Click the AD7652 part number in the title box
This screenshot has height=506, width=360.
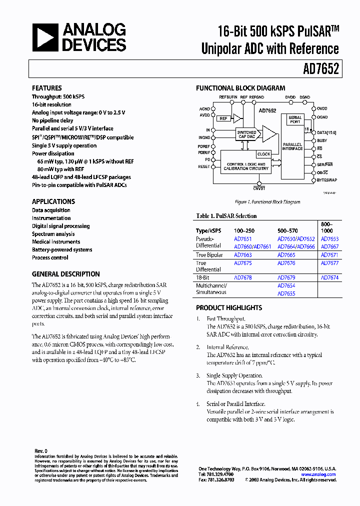(x=320, y=68)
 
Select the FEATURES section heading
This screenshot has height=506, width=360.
(x=47, y=88)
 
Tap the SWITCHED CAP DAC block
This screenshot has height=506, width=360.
(x=246, y=134)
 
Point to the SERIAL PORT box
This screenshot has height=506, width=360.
(x=295, y=119)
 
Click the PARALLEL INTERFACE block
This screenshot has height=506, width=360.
(x=292, y=146)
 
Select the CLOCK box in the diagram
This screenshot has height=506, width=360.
(x=263, y=154)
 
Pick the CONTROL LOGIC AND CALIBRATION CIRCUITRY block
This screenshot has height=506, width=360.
(x=246, y=166)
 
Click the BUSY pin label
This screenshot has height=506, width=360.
(x=322, y=140)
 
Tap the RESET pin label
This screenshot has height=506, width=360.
(x=204, y=166)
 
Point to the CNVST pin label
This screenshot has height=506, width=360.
(x=259, y=188)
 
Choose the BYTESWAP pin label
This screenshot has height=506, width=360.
(x=327, y=179)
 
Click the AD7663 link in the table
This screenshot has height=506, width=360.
(x=243, y=255)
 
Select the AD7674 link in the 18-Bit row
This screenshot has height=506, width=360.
(x=329, y=277)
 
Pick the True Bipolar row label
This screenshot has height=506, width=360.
(x=209, y=255)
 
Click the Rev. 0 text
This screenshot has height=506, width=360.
(x=40, y=451)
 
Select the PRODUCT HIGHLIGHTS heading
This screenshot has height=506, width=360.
(x=229, y=308)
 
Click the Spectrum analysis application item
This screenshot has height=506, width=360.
(x=53, y=234)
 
